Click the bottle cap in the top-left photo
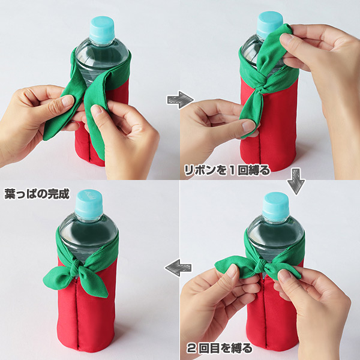102,30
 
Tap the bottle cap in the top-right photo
269,23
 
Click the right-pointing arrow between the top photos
180,100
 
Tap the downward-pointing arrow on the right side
296,181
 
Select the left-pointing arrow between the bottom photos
178,268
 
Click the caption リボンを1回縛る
227,170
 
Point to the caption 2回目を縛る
220,348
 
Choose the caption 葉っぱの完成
37,194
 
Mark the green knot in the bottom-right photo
261,266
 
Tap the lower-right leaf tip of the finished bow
105,295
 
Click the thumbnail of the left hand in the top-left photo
68,100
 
